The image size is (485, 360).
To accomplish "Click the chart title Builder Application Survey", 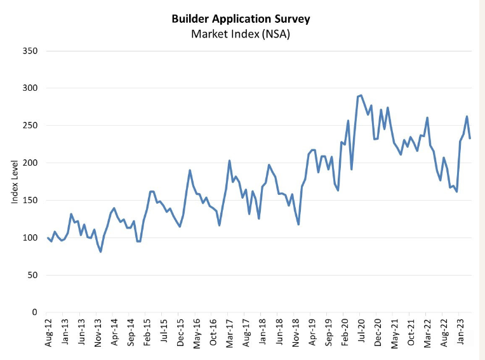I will point(241,18).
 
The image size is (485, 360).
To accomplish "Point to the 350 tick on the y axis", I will point(30,51).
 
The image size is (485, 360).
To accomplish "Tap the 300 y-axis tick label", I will point(30,88).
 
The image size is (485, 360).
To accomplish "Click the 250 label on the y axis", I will point(30,126).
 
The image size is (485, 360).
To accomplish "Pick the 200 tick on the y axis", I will point(30,163).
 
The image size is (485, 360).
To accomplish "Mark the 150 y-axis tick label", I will point(30,201).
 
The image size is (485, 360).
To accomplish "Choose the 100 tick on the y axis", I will point(30,238).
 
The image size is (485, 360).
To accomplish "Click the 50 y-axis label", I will point(33,276).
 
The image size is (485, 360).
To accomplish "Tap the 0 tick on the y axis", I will point(36,312).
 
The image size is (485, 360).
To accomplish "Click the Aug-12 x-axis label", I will point(49,334).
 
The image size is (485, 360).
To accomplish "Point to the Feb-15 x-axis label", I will point(147,334).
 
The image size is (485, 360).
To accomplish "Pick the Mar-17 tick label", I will point(229,334).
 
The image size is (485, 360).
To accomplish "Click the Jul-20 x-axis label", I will point(359,334).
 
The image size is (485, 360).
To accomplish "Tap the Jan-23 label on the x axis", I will point(457,334).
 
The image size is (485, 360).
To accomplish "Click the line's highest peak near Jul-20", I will point(361,95).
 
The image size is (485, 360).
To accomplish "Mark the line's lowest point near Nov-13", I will point(100,252).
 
